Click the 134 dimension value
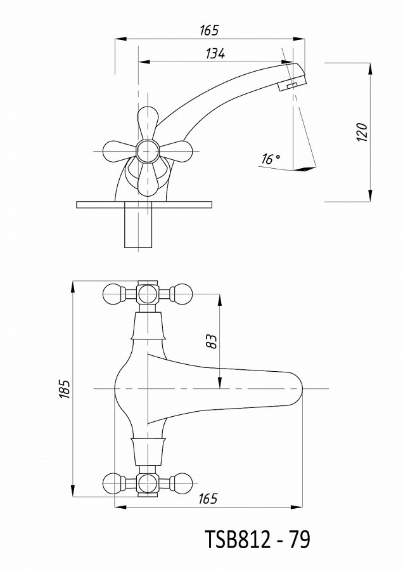pos(215,53)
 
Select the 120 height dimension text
pos(362,133)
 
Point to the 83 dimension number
pos(212,341)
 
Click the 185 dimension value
pos(65,389)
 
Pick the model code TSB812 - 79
pos(258,539)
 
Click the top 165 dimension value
pos(209,30)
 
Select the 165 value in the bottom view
pos(208,499)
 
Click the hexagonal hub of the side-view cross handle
pos(148,151)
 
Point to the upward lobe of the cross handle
pos(148,122)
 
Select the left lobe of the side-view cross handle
pos(119,151)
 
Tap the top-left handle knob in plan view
pos(112,294)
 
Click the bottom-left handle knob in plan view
pos(112,483)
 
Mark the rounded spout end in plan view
pos(295,389)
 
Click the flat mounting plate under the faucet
pos(144,204)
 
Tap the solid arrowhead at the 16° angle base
pos(305,169)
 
